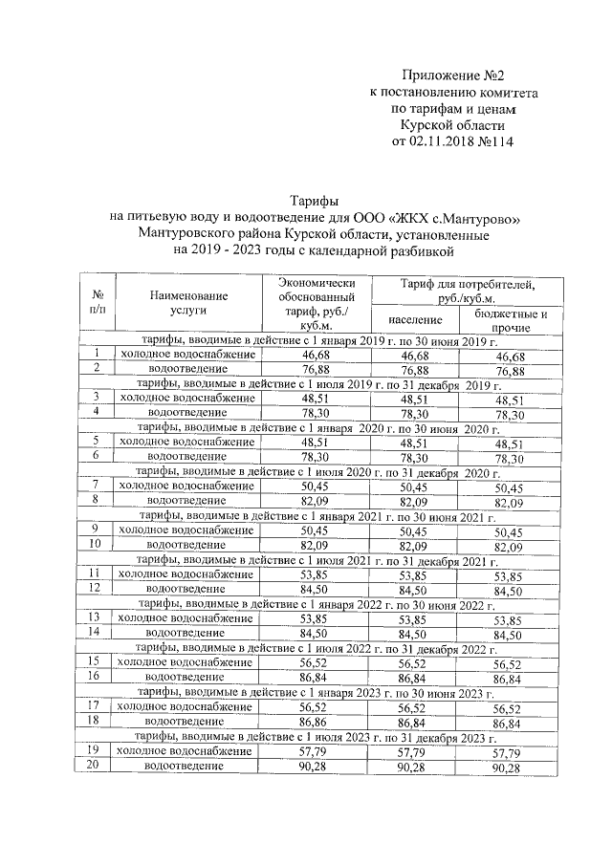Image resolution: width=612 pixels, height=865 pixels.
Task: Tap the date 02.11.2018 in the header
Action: [x=448, y=141]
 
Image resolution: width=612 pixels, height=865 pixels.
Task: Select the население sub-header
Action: [x=414, y=319]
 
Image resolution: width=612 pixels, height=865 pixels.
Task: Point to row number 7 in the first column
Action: [x=97, y=487]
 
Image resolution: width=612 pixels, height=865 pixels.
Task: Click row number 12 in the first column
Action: [x=97, y=589]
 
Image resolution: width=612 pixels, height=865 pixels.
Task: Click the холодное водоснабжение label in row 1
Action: [x=186, y=355]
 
